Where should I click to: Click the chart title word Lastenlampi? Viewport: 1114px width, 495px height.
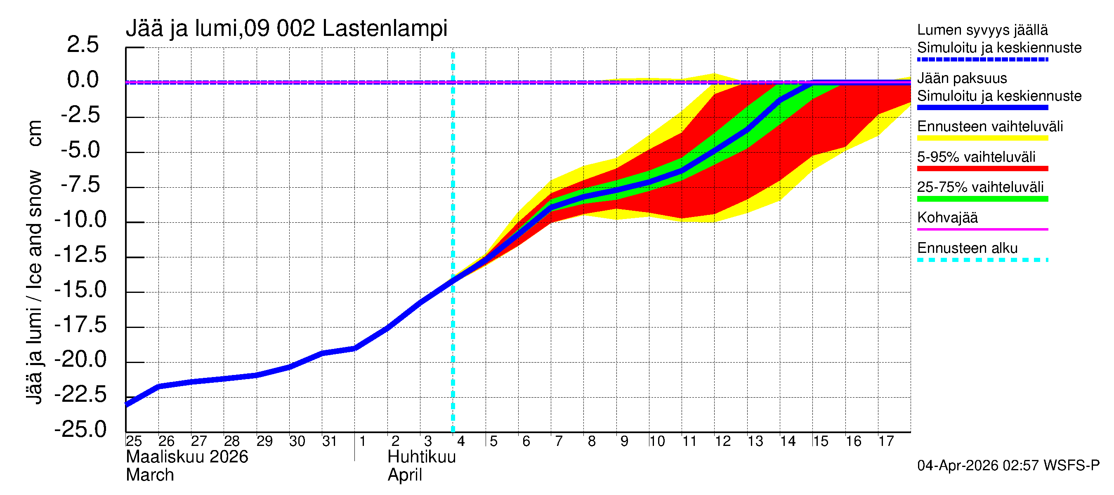coord(385,28)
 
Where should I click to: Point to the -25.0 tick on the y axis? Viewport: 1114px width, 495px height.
coord(80,429)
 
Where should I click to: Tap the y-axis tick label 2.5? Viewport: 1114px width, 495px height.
coord(83,45)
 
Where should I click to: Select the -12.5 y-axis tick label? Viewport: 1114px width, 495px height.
coord(80,254)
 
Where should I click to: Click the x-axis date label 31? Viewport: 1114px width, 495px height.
coord(330,441)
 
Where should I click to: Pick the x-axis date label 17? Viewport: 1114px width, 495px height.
coord(886,441)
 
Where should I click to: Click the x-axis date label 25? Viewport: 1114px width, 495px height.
coord(134,441)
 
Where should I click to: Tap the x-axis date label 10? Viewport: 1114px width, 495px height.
coord(656,441)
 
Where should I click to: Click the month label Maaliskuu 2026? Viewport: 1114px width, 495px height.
coord(187,457)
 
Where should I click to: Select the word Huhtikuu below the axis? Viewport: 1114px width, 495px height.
coord(422,457)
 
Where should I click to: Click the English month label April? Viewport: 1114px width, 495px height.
coord(404,475)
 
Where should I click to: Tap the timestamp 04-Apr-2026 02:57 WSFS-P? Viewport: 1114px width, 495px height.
coord(1008,466)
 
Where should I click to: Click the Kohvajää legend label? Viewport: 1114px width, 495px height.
coord(947,217)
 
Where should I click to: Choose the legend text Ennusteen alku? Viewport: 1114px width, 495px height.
coord(968,248)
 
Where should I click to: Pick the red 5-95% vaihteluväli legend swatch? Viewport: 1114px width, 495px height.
coord(982,169)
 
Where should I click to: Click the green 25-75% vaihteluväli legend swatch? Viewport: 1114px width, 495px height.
coord(982,199)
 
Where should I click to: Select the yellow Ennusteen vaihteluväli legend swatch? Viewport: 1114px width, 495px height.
coord(982,138)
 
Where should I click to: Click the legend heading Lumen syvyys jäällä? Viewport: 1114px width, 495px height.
coord(982,30)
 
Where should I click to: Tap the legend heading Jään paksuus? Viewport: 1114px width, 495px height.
coord(962,78)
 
